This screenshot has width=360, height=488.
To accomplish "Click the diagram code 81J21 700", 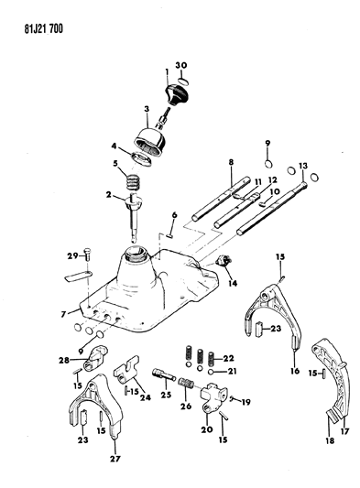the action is coord(44,28).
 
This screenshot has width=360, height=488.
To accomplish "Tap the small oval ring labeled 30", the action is coord(183,81).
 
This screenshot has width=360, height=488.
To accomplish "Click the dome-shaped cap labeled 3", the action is coord(151,142).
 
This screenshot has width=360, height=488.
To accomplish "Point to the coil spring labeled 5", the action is coord(133,182).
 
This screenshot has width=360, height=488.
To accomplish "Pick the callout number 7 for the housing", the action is coord(64,314).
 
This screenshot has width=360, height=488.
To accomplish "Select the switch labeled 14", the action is coord(224,259).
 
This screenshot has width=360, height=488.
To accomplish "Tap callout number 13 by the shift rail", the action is coord(303,166).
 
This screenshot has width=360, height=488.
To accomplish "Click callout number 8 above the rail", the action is coord(231,162).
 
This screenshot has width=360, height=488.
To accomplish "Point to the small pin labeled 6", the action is coord(170,235).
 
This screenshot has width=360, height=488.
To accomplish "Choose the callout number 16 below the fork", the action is coord(295,371).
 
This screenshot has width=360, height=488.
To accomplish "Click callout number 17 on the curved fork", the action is coord(344,431).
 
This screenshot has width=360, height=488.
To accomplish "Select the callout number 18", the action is coord(330,440).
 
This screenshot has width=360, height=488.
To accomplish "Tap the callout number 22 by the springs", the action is coord(228,358).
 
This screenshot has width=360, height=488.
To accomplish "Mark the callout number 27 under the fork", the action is coord(115,459).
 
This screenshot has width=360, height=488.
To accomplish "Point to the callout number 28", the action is coord(64,361).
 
